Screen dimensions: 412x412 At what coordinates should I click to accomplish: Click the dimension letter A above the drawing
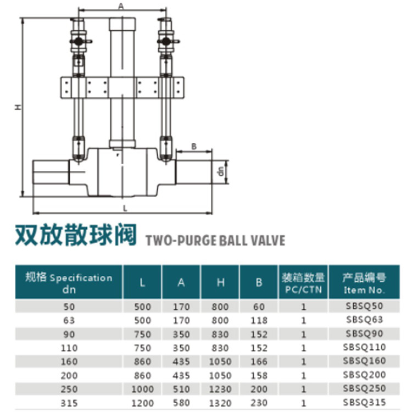(121, 6)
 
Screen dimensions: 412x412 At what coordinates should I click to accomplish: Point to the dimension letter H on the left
(18, 107)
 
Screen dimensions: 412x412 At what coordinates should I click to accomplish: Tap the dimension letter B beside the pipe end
(194, 146)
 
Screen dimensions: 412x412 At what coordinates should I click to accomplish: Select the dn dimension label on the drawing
(221, 171)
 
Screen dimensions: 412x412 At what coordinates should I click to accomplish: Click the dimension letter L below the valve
(125, 209)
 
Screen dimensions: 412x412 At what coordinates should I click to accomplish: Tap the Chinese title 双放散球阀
(76, 235)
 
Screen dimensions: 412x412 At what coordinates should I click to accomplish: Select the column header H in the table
(220, 282)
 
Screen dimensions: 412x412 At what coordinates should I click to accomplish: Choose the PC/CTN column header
(303, 289)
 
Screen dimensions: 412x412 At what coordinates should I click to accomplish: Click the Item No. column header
(364, 290)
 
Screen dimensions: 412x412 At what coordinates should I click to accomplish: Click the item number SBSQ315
(364, 402)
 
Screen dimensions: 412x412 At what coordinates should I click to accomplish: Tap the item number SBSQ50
(364, 306)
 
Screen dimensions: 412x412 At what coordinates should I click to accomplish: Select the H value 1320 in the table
(220, 403)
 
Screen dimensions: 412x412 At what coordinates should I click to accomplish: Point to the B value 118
(259, 320)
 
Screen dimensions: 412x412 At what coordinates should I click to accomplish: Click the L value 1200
(142, 403)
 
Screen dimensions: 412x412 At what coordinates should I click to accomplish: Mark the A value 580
(181, 403)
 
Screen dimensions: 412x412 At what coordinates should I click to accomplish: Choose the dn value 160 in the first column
(69, 361)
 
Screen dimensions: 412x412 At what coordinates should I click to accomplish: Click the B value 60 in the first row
(259, 307)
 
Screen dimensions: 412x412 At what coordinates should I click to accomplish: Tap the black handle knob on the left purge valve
(78, 41)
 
